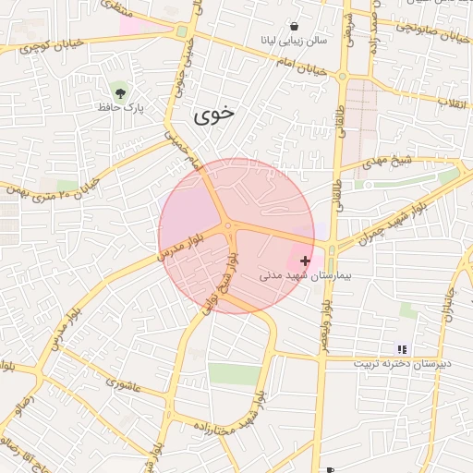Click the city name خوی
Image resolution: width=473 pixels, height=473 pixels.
tap(213, 115)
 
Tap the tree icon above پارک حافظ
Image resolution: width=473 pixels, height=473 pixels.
tap(119, 91)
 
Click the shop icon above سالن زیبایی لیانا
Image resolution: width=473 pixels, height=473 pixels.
tap(294, 27)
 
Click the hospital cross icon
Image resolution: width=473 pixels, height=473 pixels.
tap(306, 261)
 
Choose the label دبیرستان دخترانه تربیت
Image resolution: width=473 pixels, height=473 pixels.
tap(402, 364)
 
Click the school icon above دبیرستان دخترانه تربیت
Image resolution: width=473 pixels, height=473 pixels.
tap(402, 348)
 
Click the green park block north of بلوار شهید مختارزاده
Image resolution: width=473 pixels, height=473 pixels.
tap(234, 373)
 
